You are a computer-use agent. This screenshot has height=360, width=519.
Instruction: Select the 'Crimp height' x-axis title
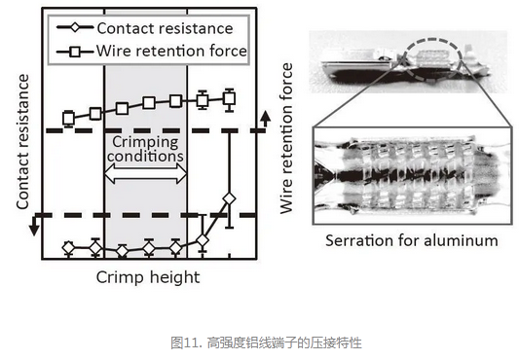coord(147,277)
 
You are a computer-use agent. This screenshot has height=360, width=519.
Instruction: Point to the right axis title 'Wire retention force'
coord(286,138)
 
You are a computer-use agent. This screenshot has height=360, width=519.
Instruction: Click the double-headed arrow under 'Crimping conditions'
coord(145,173)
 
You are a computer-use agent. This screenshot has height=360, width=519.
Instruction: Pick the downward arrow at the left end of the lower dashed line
coord(32,226)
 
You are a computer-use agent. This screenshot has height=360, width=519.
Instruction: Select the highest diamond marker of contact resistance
coord(229,198)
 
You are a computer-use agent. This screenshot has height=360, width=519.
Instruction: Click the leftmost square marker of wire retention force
coord(69,118)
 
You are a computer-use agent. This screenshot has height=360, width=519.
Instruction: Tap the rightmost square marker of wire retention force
coord(230,97)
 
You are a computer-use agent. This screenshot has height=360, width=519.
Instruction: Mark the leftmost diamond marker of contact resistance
coord(68,248)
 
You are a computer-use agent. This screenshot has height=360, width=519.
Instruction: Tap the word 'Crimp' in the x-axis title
coord(119,277)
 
